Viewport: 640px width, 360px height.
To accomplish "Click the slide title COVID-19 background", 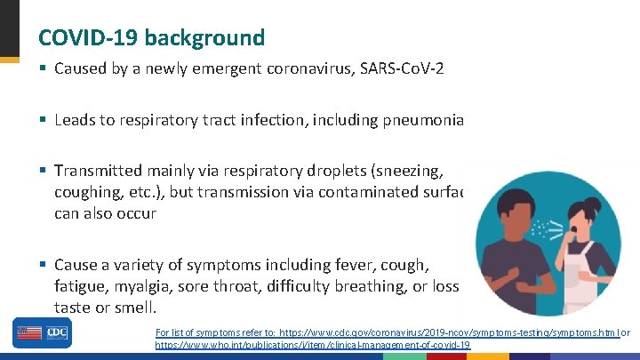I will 151,37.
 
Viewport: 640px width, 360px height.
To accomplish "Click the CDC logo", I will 56,332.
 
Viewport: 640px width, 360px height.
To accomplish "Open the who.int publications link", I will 313,344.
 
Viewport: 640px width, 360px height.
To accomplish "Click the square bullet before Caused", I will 43,68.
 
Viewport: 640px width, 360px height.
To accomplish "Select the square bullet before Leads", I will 43,120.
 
